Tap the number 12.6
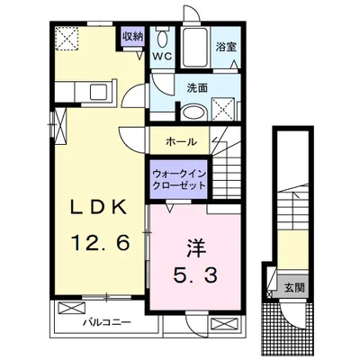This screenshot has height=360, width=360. tap(96, 240)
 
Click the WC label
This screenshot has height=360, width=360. tap(162, 55)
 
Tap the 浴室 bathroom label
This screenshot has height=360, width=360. tap(225, 47)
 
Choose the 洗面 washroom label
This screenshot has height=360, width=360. tap(197, 88)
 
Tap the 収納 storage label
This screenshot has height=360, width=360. tap(133, 36)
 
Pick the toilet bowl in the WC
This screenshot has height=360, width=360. tap(162, 38)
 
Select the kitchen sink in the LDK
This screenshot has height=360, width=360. tap(79, 91)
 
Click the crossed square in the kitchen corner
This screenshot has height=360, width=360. tap(67, 39)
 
